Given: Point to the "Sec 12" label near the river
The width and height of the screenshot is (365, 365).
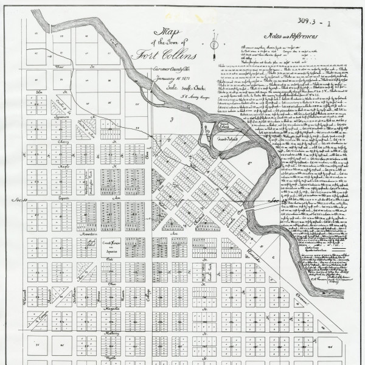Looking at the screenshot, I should tap(279, 200).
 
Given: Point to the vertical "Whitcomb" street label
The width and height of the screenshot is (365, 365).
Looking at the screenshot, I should tap(24, 296).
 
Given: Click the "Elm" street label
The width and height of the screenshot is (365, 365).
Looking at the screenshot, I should tap(41, 92).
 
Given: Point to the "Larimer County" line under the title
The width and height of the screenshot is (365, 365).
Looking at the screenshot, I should tap(172, 71).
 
